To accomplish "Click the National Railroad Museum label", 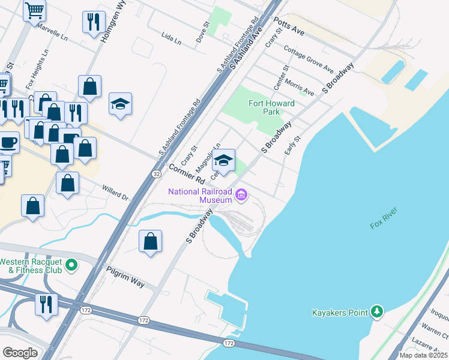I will (x=200, y=196).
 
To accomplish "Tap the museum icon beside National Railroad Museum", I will (x=241, y=194).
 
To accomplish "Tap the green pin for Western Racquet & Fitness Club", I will (x=71, y=265).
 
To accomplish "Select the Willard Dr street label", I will (x=115, y=192).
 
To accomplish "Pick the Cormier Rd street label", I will (x=186, y=173).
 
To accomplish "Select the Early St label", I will (x=292, y=145).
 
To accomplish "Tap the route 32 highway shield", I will (x=156, y=173).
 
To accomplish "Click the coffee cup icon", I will (x=8, y=142).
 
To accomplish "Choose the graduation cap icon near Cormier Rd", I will (x=224, y=160).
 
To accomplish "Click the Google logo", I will (x=20, y=352).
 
